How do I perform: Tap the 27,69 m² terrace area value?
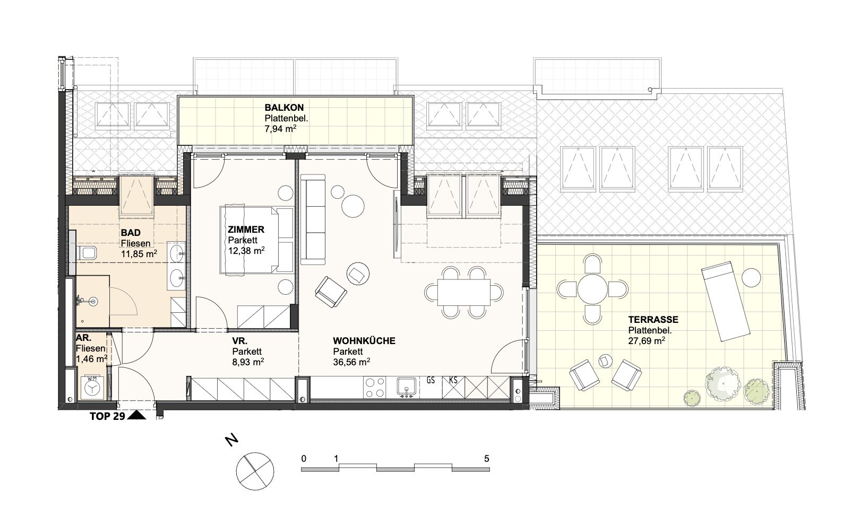point(647,341)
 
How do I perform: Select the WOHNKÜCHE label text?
point(364,341)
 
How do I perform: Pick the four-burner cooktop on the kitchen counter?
point(375,388)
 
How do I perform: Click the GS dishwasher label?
point(431,380)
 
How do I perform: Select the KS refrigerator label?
point(453,380)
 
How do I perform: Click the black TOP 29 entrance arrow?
point(137,416)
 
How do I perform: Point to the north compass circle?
point(254,471)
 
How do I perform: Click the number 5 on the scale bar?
point(487,459)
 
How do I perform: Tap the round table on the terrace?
point(592,289)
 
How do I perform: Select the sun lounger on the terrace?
point(726,301)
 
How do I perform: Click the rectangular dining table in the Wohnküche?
point(463,292)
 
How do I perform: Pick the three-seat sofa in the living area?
point(313,219)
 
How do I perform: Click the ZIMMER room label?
point(246,230)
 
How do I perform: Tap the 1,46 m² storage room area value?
point(91,358)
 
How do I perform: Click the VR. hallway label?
point(240,341)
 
